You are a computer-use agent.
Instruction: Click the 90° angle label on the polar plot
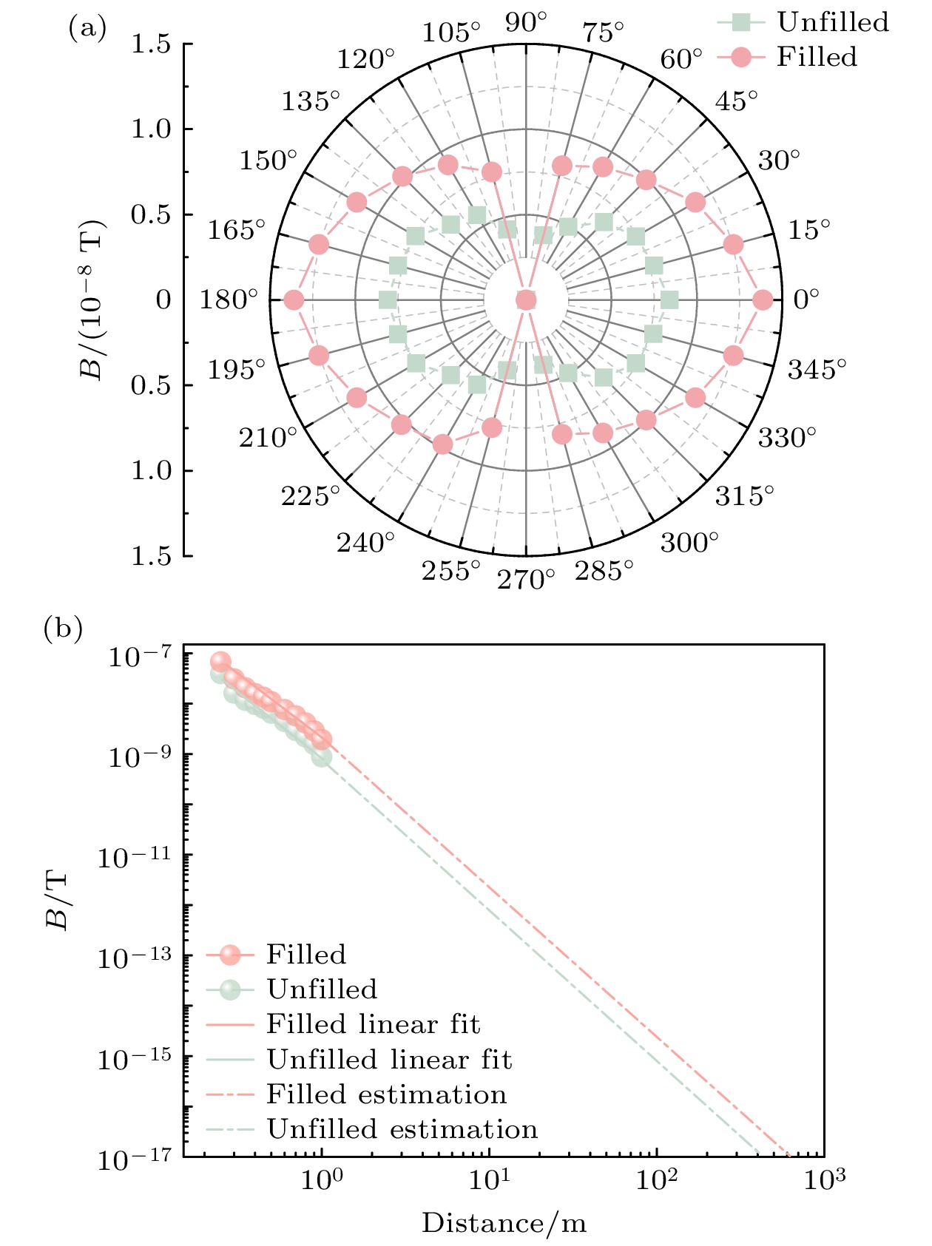pos(526,23)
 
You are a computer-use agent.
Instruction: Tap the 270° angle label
pos(526,580)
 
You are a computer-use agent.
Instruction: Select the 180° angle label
pos(229,300)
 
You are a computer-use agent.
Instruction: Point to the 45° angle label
pos(736,101)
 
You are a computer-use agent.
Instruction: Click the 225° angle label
pos(311,496)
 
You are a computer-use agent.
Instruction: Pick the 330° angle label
pos(787,438)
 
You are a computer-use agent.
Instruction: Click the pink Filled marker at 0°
pos(763,300)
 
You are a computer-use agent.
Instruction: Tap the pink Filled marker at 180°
pos(294,300)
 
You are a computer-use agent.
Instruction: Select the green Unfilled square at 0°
pos(669,300)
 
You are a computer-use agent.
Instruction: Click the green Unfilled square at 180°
pos(388,300)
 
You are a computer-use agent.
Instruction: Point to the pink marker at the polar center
pos(526,300)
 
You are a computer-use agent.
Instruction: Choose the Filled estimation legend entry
pos(386,1094)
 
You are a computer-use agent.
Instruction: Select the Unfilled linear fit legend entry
pos(389,1060)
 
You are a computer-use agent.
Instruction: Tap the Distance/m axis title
pos(504,1223)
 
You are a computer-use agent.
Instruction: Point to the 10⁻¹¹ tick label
pos(135,857)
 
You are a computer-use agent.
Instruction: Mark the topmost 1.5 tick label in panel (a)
pos(151,45)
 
